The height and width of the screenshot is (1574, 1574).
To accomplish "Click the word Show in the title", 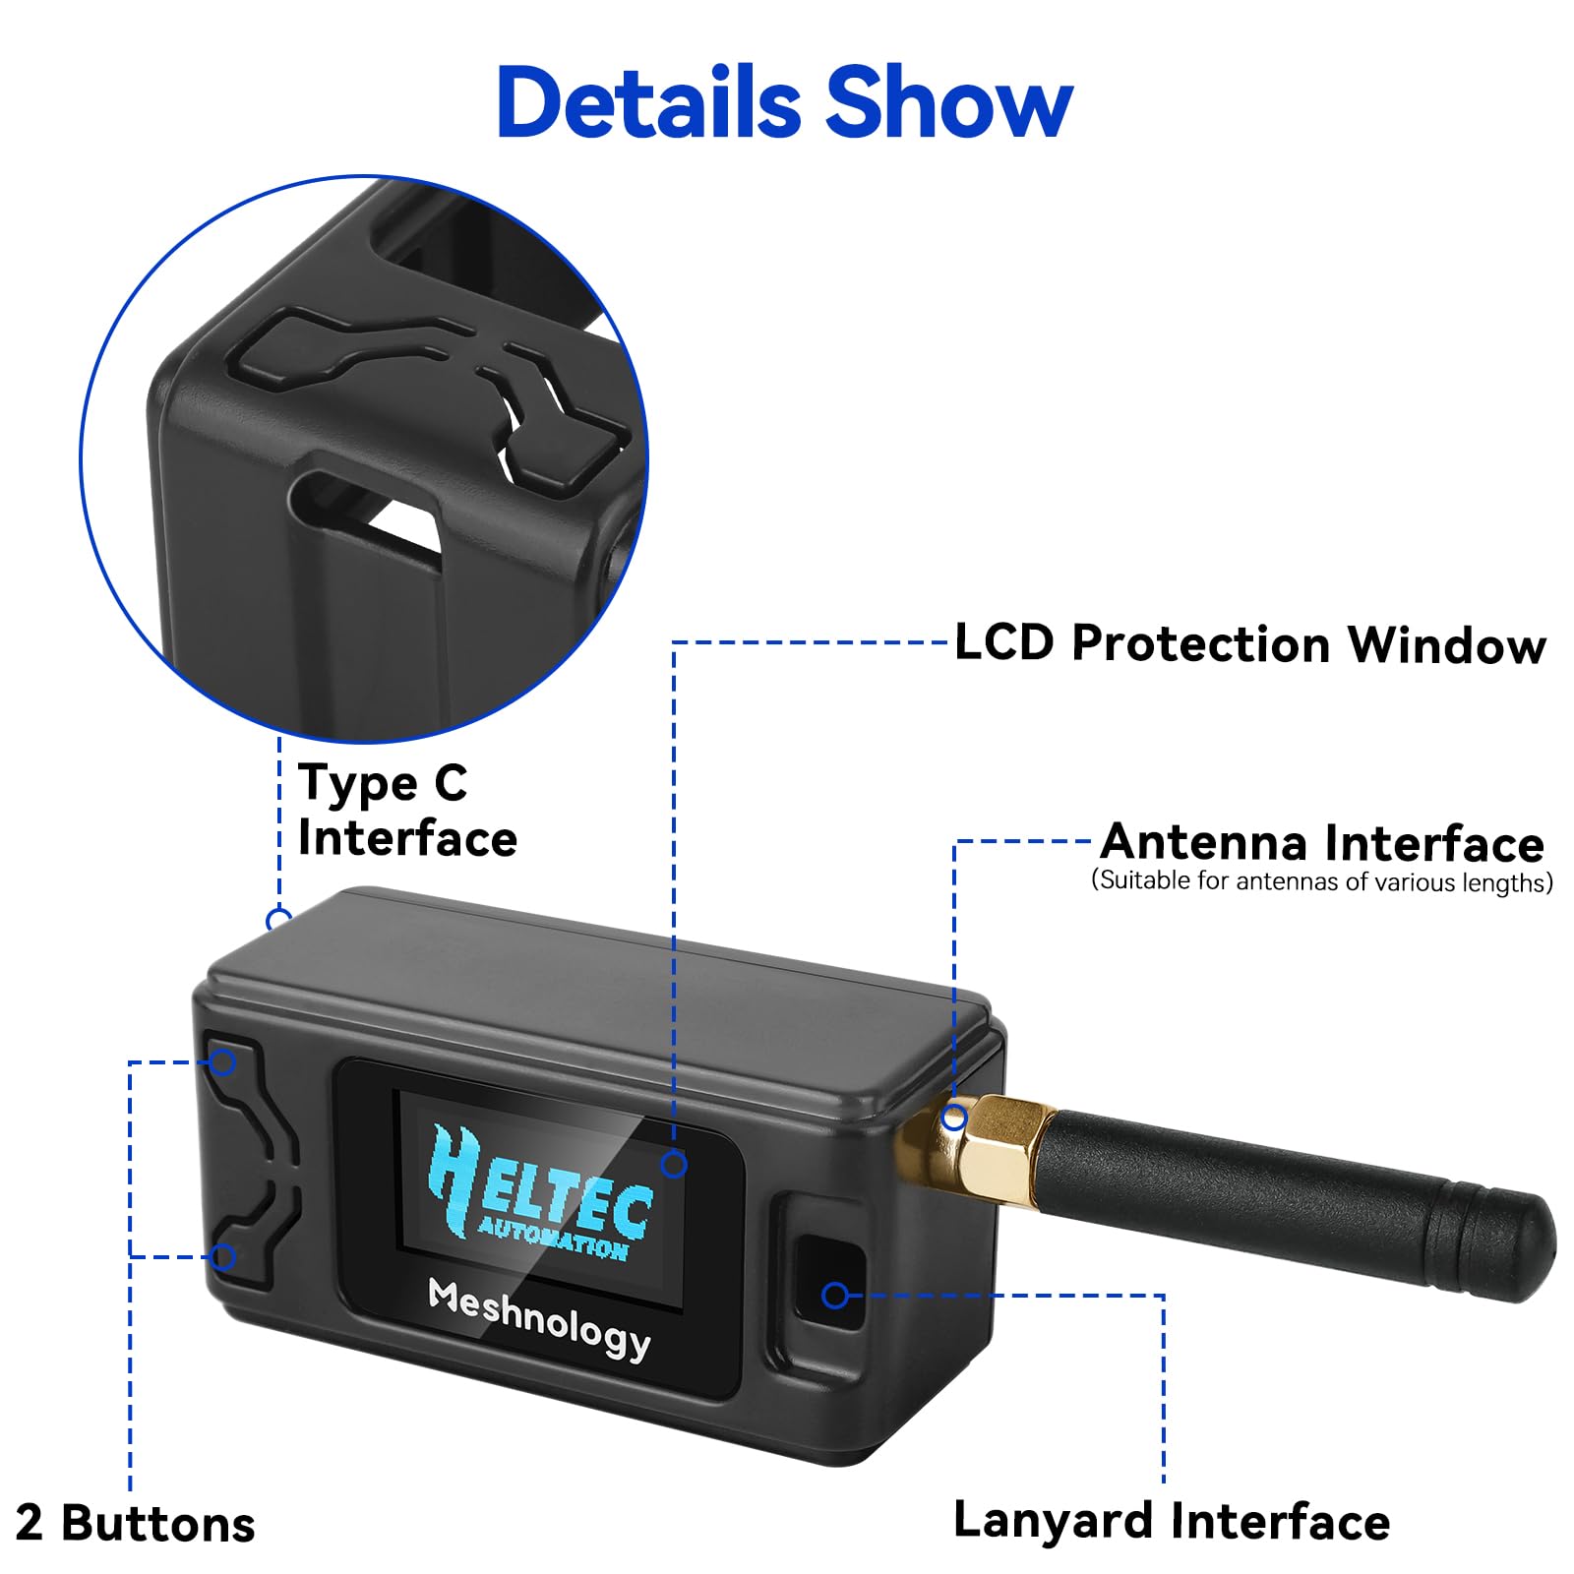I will point(948,103).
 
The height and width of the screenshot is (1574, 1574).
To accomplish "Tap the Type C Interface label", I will point(406,811).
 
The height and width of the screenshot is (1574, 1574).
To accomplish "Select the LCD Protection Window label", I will point(1249,644).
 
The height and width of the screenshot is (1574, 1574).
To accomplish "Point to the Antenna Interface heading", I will point(1322,843).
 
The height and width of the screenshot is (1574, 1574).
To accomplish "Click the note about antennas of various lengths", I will point(1322,881).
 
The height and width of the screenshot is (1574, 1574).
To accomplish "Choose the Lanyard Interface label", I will point(1171,1521).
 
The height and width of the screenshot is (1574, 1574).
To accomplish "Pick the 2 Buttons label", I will point(136,1524).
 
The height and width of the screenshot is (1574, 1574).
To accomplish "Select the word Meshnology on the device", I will point(539,1319).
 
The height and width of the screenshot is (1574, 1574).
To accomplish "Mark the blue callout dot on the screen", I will point(674,1165).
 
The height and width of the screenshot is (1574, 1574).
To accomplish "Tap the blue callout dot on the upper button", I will point(223,1062).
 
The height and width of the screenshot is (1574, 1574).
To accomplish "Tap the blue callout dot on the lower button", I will point(223,1256).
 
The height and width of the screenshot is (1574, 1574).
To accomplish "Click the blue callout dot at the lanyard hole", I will point(835,1296).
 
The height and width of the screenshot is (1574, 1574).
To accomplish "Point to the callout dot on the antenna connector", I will point(953,1119).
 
